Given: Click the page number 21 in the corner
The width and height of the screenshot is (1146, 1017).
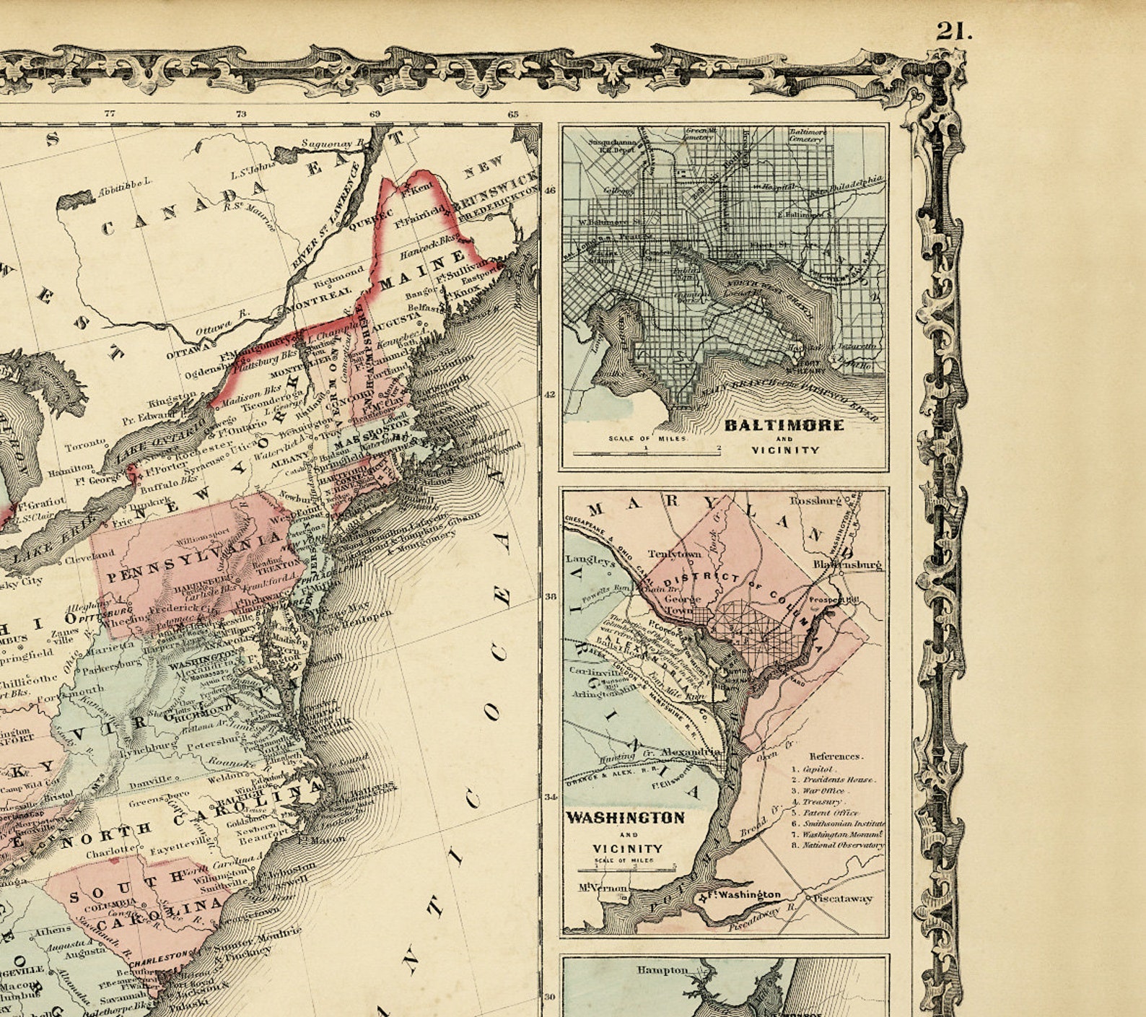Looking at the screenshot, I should (x=954, y=31).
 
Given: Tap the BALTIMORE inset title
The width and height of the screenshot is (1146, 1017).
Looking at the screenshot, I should (x=784, y=425).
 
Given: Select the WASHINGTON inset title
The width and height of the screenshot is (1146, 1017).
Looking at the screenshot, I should (x=625, y=818).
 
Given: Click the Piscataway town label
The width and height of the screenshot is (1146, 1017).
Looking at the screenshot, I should (x=843, y=899).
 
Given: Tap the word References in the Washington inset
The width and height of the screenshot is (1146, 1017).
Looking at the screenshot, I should (x=835, y=756).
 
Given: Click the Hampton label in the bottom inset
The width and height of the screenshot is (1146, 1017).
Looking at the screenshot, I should (x=662, y=970).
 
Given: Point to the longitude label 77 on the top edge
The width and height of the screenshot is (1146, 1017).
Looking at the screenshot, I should (x=110, y=113).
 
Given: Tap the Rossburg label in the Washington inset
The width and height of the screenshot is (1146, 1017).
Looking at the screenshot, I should (x=815, y=500).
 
